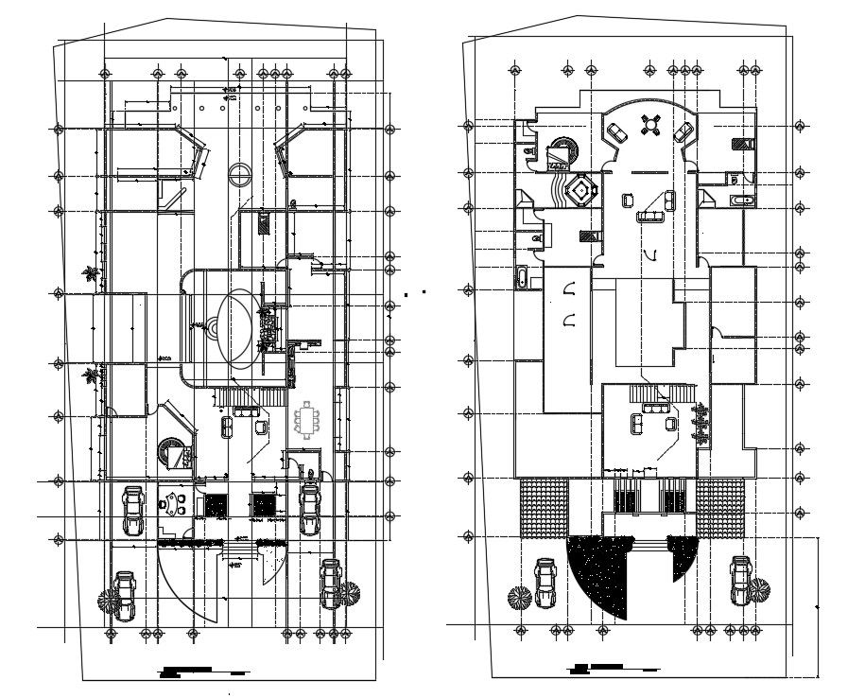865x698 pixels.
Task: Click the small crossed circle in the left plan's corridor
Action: [x=240, y=175]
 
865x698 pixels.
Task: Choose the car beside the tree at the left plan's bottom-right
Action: [x=331, y=583]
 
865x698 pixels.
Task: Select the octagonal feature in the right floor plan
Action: [x=578, y=191]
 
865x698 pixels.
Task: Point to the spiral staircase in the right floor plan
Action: [x=563, y=150]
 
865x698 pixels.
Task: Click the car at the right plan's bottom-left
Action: [x=546, y=583]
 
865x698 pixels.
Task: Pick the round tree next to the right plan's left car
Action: [x=519, y=598]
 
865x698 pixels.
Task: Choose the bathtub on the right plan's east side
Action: [x=742, y=200]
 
